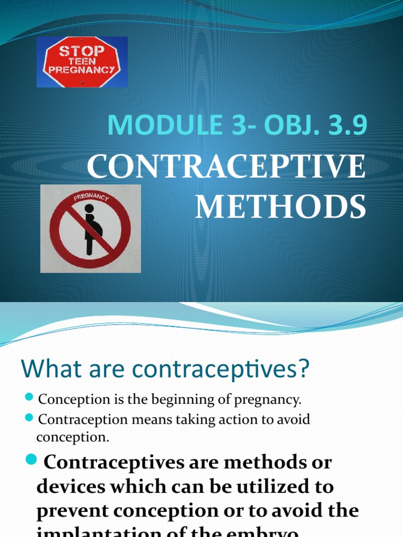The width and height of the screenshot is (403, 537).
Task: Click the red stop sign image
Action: pos(82,62)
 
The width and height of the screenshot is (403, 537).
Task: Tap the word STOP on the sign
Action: pos(81,51)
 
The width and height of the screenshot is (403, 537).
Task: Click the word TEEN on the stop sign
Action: pos(81,61)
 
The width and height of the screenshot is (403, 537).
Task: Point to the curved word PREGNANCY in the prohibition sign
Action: pos(90,198)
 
